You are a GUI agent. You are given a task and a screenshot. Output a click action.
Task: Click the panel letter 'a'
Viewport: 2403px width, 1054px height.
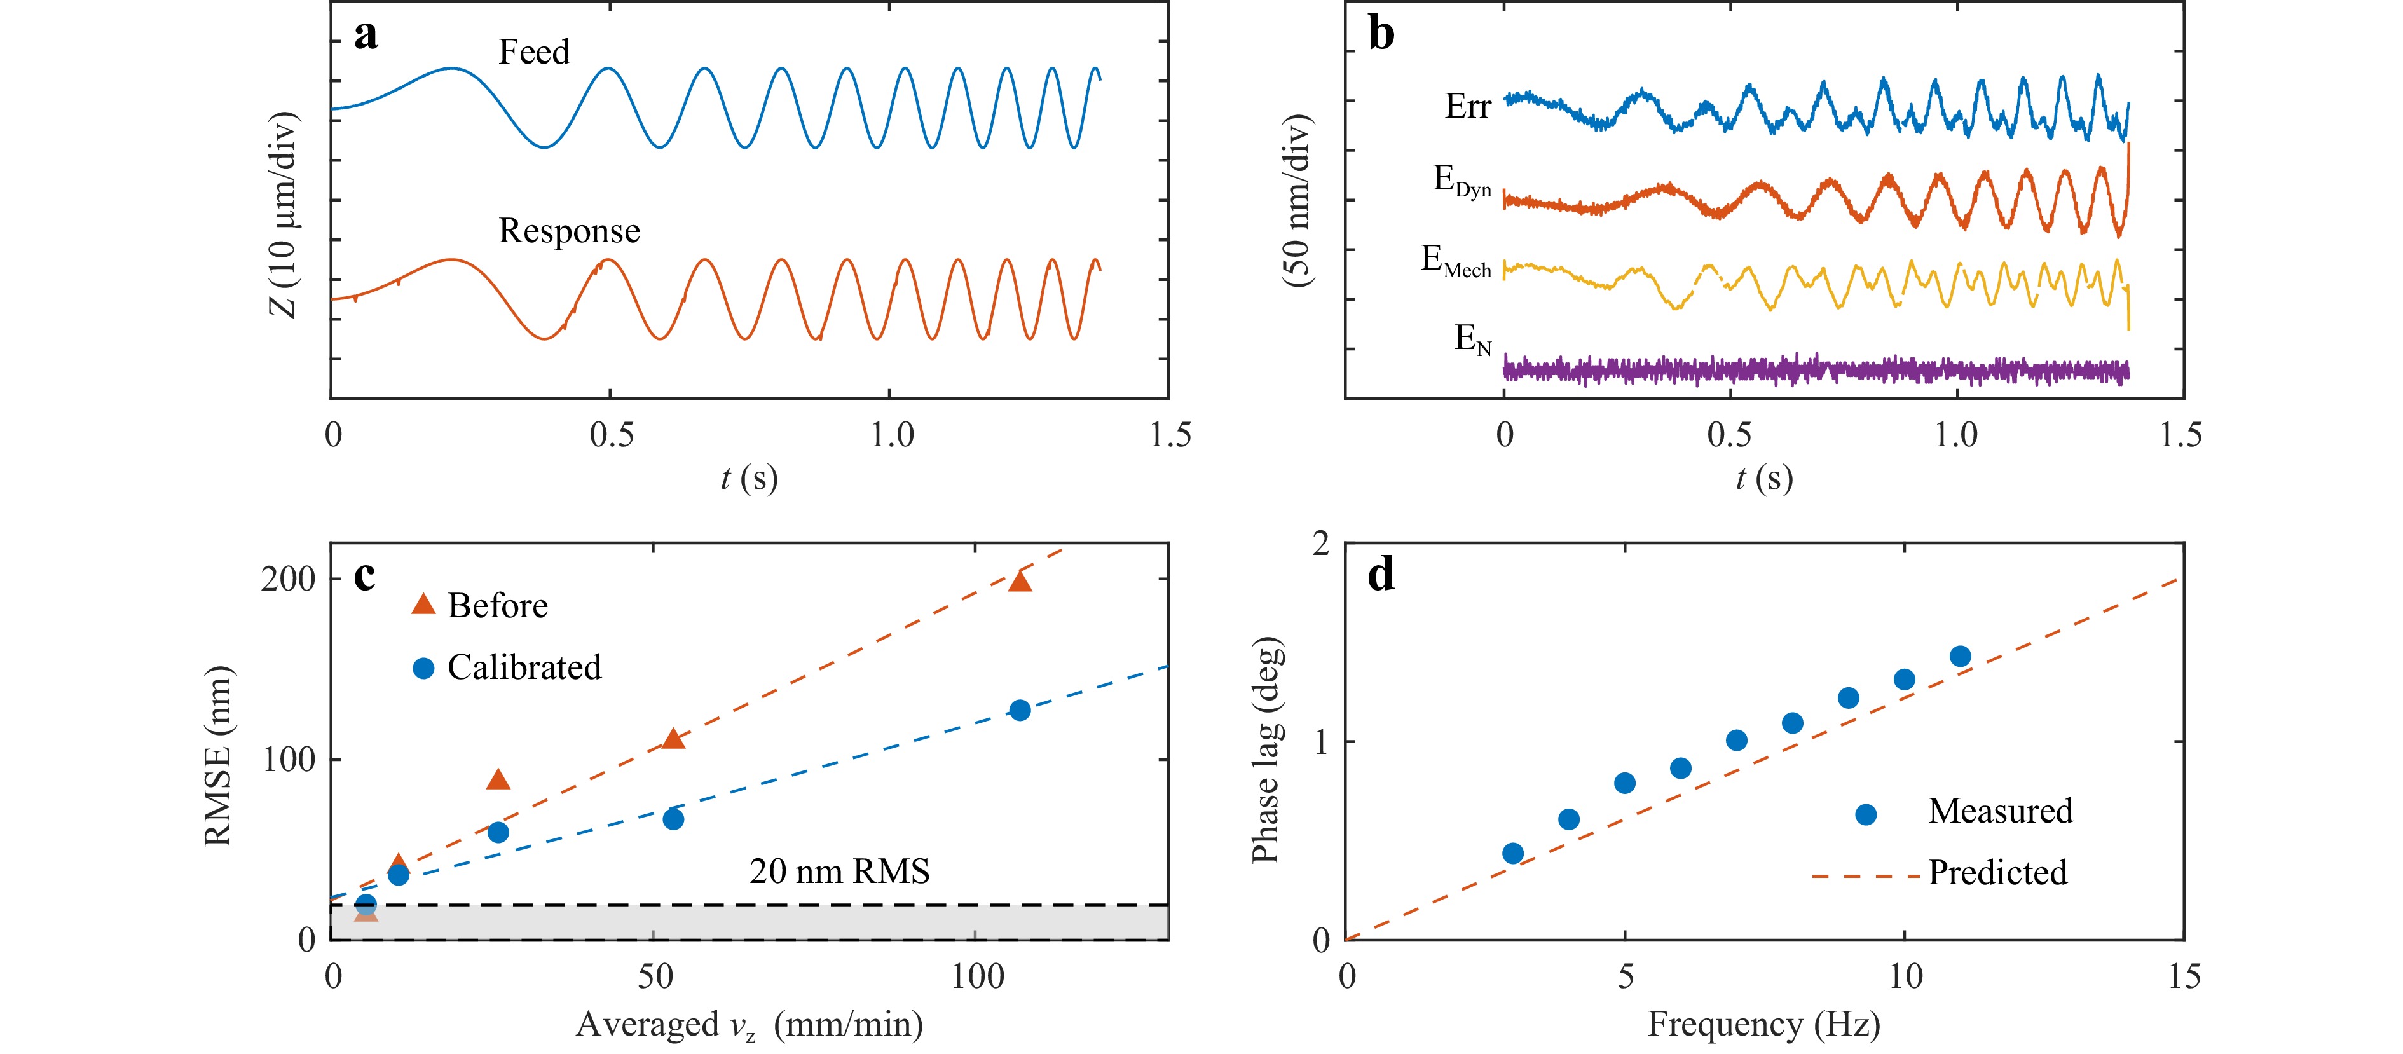tap(366, 36)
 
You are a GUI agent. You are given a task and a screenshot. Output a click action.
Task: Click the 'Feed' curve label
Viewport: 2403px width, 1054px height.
tap(533, 52)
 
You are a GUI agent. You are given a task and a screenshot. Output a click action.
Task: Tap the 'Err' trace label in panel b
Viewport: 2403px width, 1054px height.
tap(1467, 106)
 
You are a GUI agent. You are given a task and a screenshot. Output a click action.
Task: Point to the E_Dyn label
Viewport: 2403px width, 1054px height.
tap(1461, 181)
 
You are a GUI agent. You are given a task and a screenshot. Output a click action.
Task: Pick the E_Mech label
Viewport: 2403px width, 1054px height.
tap(1455, 261)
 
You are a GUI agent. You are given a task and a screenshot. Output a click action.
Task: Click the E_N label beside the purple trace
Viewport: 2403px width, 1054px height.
tap(1473, 339)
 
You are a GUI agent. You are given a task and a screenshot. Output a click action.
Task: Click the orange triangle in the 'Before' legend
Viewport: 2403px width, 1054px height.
tap(423, 605)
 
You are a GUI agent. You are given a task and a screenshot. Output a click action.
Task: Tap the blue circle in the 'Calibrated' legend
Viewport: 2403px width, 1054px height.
tap(423, 668)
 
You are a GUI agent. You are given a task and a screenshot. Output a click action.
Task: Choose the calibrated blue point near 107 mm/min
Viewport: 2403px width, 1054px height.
tap(1020, 711)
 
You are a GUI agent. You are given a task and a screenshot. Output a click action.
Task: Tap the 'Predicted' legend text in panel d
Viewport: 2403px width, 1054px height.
tap(1997, 873)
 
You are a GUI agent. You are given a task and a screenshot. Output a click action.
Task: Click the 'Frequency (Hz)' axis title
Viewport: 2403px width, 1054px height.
tap(1763, 1024)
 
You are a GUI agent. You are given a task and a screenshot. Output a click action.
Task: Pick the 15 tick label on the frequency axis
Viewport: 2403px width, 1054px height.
tap(2183, 976)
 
